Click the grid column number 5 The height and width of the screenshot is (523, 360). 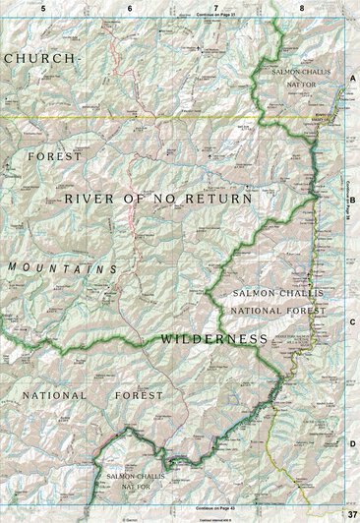43,7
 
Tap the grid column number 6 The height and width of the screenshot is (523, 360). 130,7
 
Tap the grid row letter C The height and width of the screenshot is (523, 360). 351,320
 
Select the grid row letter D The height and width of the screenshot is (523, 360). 351,443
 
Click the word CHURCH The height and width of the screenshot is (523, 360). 39,59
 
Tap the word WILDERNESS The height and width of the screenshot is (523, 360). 210,338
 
